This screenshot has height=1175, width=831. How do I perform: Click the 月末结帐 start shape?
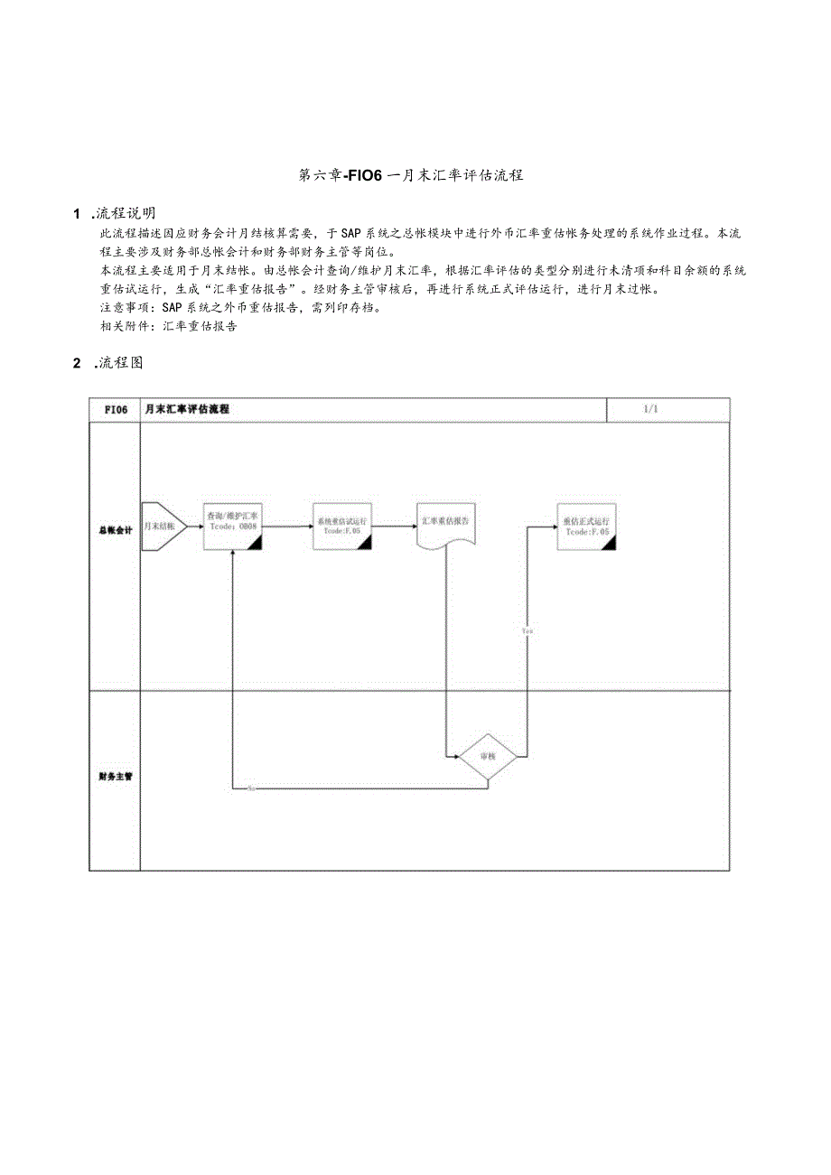(x=163, y=526)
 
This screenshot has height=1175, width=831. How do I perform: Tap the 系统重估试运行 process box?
(x=341, y=526)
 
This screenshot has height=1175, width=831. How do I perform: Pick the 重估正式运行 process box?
(x=585, y=527)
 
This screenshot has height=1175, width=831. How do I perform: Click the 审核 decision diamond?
(x=488, y=755)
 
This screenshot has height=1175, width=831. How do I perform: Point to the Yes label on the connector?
(x=528, y=630)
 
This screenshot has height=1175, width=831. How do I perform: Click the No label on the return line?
(x=251, y=788)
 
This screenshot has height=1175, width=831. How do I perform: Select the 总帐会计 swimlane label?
(x=115, y=531)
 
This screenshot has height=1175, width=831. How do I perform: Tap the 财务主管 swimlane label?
(x=115, y=776)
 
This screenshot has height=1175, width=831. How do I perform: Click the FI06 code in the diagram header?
(x=116, y=409)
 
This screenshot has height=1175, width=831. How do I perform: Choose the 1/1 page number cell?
(x=651, y=409)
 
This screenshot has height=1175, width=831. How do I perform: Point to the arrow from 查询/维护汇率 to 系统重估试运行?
(x=285, y=524)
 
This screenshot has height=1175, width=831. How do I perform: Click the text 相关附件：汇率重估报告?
(x=169, y=327)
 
